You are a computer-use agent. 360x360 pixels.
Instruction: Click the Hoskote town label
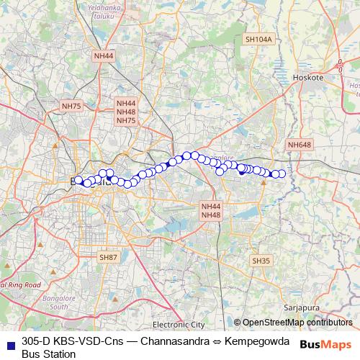(x=310, y=76)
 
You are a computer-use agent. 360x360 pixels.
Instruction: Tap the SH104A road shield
(x=259, y=40)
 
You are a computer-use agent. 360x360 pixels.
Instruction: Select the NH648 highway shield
(x=300, y=145)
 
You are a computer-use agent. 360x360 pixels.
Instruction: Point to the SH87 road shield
(x=109, y=256)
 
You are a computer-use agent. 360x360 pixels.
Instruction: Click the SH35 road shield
(x=261, y=260)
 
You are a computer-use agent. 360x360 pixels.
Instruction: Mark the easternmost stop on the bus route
(x=282, y=174)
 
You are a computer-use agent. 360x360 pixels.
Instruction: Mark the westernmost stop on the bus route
(x=79, y=181)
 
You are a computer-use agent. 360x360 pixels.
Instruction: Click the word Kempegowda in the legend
(x=256, y=341)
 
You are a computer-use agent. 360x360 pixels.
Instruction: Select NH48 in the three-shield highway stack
(x=126, y=112)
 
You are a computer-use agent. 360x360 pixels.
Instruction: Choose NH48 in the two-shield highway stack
(x=211, y=215)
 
